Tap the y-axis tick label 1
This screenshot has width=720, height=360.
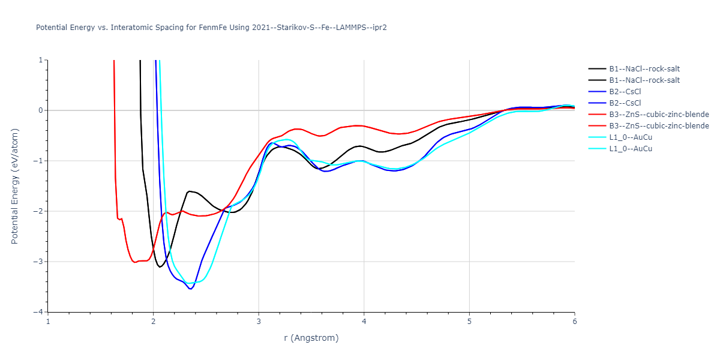point(40,60)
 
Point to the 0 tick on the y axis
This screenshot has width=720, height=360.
point(40,110)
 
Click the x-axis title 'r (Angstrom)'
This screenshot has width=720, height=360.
point(311,338)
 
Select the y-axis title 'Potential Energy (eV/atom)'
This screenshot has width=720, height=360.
point(15,186)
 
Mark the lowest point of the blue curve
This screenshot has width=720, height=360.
point(191,289)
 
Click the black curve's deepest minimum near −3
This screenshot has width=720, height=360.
point(160,266)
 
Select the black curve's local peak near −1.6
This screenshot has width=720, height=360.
point(190,191)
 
